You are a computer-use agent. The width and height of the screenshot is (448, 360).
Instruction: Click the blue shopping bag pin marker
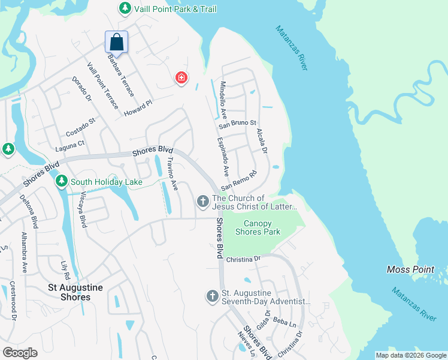[x=116, y=43]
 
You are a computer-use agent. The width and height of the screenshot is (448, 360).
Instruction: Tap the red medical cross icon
[x=181, y=78]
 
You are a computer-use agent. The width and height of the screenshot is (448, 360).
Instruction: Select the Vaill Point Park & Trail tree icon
[x=125, y=8]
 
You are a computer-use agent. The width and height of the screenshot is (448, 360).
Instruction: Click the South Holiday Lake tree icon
[x=62, y=181]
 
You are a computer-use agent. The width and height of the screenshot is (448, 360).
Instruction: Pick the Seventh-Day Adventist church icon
[x=212, y=296]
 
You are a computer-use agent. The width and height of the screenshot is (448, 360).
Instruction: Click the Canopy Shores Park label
[x=258, y=228]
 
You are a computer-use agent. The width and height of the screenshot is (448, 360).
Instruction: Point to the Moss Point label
[x=410, y=269]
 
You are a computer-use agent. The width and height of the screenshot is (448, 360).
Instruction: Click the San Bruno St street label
[x=237, y=125]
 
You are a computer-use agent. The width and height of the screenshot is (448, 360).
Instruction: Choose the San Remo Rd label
[x=238, y=181]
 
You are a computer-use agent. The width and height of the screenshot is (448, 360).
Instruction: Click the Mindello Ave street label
[x=223, y=99]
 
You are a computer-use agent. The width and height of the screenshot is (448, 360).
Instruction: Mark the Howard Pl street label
[x=138, y=109]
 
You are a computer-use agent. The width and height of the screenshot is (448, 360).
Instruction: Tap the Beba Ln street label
[x=281, y=323]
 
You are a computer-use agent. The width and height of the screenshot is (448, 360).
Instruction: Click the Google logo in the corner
[x=20, y=352]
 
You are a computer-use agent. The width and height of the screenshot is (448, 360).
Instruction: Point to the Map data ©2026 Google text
[x=410, y=355]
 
